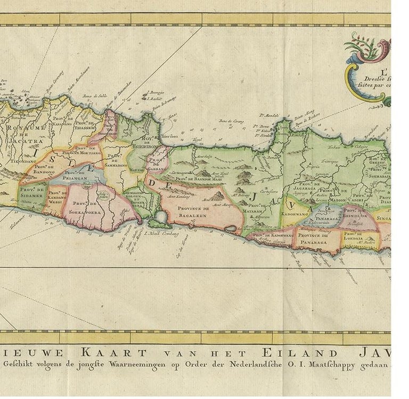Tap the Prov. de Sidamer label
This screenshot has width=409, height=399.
pos(32,192)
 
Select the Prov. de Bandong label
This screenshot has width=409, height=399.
pos(43,169)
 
